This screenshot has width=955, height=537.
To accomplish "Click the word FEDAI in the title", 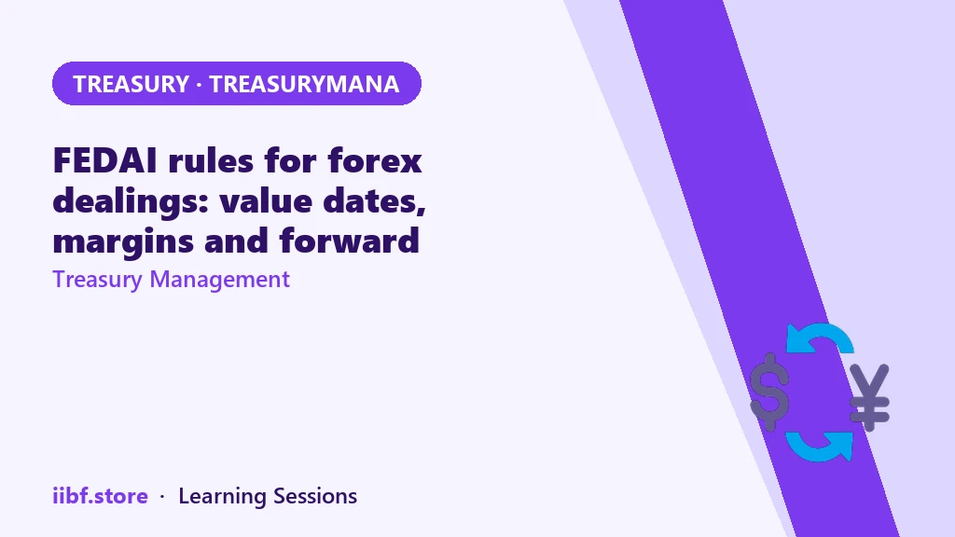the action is pos(104,160).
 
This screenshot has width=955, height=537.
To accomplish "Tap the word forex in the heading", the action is pos(375,160).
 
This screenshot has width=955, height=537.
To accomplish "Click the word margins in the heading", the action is pos(124,241).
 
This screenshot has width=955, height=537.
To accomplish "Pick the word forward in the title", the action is pos(350,241).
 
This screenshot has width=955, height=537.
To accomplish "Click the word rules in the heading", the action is pos(211,160).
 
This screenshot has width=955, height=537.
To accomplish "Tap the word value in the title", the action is pos(266,201).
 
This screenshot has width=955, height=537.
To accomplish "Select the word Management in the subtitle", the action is pos(220,280).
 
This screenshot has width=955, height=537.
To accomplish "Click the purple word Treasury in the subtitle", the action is pos(97,280).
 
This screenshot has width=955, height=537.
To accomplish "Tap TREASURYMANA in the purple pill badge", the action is pos(304,84).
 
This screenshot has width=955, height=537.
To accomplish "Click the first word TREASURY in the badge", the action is pos(131,84).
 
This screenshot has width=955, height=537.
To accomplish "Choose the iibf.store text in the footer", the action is pos(101,496).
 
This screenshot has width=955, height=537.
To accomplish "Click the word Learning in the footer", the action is pos(222,496).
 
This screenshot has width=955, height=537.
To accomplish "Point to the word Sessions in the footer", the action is pos(315,496).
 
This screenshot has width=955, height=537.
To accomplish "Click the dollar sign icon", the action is pos(769,392).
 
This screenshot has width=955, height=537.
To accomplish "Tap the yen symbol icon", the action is pos(870,397).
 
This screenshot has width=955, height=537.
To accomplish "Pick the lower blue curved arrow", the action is pos(819,447).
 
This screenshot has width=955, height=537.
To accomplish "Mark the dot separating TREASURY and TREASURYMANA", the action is pos(200,85).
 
